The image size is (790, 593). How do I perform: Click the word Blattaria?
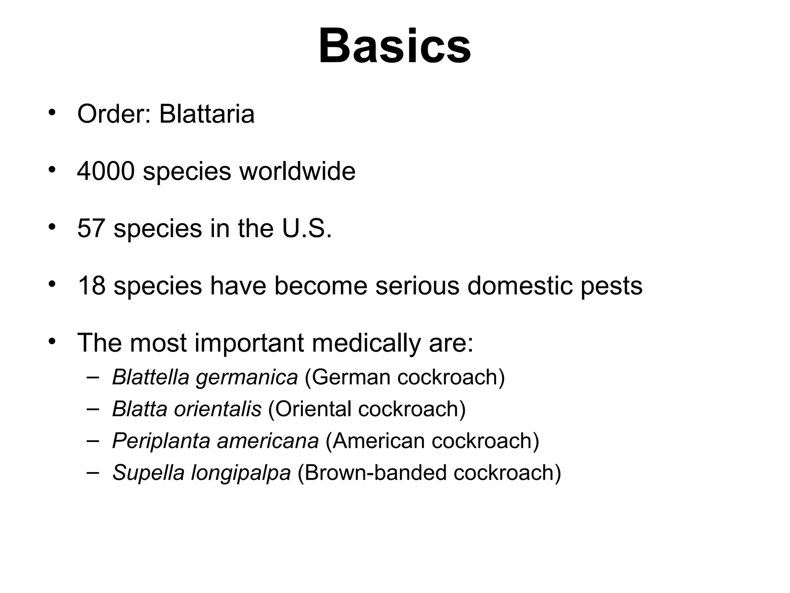207,114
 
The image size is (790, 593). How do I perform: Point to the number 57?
91,228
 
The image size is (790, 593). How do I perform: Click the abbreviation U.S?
307,228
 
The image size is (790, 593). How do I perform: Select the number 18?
91,286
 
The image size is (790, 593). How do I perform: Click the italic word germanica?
247,378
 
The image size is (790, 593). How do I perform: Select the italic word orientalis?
218,409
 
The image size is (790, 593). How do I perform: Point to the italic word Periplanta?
161,441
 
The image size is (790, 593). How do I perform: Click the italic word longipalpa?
241,473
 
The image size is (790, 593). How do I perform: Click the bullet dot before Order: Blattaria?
52,113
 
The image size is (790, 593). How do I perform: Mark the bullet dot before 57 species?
52,227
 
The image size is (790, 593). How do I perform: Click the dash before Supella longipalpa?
93,472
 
